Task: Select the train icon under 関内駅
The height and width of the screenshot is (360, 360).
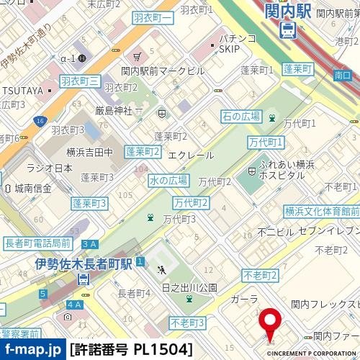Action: [x=287, y=30]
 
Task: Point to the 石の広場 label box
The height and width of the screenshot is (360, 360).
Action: [x=240, y=116]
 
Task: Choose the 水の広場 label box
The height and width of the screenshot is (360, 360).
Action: [x=168, y=180]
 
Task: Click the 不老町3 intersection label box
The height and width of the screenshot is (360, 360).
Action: [x=188, y=322]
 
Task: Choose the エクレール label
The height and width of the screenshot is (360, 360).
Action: [x=190, y=155]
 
